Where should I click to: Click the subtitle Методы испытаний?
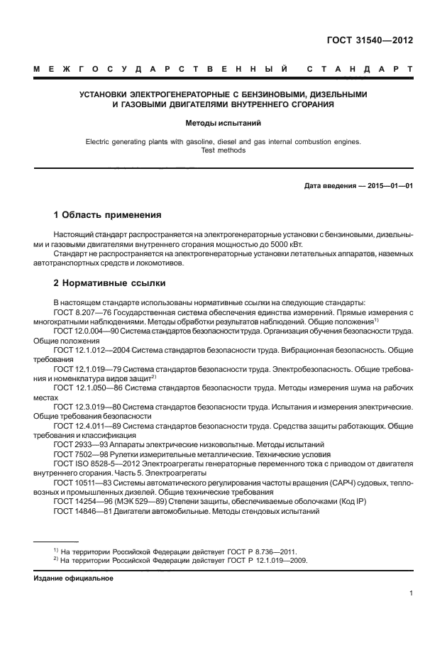(223, 123)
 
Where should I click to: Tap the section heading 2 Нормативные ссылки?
(110, 283)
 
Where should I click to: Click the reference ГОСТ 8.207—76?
(84, 312)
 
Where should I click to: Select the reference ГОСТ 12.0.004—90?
(87, 331)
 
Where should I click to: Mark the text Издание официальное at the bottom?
(74, 578)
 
